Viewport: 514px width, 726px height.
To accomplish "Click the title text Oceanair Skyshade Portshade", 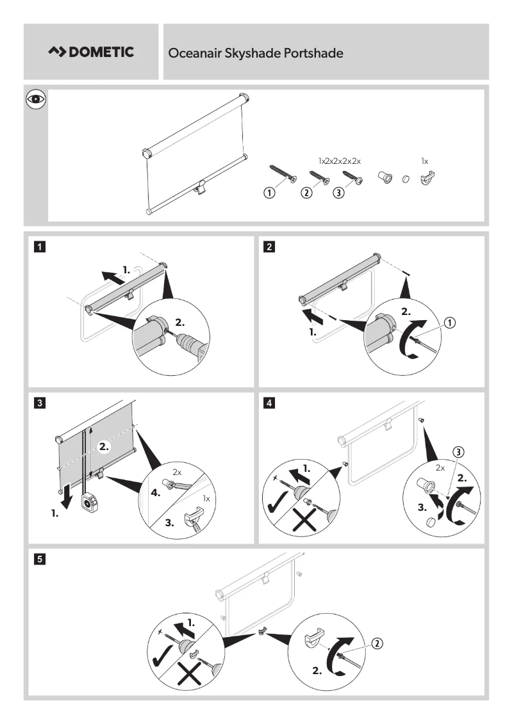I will coord(255,53).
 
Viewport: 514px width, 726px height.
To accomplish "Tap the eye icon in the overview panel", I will coord(36,99).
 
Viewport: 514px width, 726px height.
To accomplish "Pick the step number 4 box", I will coord(270,403).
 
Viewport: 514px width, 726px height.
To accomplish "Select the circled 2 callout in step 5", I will coord(377,642).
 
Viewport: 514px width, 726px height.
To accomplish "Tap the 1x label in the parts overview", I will coord(425,161).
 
